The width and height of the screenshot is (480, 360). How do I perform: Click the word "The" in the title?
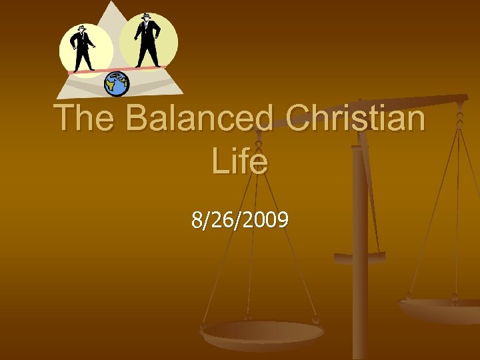(86, 119)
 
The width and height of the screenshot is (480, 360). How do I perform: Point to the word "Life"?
(240, 161)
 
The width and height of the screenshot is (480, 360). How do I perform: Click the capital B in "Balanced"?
(138, 119)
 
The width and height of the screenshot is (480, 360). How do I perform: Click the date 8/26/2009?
(240, 219)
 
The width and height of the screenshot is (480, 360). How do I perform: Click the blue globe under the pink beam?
(117, 83)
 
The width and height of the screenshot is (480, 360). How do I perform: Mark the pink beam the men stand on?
(117, 69)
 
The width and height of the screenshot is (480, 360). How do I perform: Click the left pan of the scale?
(262, 331)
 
